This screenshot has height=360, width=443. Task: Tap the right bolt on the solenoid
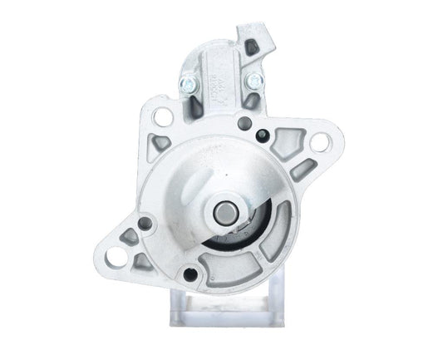point(253,81)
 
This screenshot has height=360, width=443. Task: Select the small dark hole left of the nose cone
point(145,223)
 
